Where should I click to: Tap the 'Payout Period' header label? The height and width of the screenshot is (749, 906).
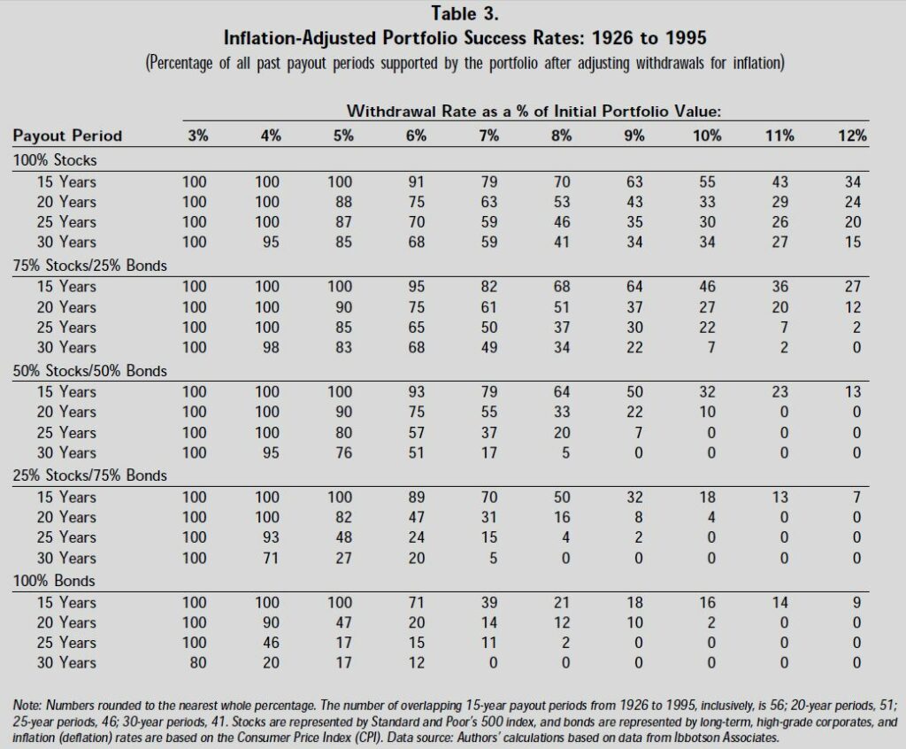coord(67,135)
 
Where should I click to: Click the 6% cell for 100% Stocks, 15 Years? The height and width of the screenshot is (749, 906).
coord(417,181)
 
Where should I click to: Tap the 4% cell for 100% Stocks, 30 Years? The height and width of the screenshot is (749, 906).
coord(271,242)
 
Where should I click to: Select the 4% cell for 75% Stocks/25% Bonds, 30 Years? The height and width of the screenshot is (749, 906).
coord(271,347)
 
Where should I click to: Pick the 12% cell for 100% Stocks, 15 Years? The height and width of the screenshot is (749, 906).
coord(852,181)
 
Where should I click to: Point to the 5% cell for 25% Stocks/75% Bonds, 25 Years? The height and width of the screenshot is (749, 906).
coord(344,537)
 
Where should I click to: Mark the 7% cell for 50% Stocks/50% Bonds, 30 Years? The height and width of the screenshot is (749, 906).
coord(489,452)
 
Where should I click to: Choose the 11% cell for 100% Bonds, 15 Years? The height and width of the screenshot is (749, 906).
coord(779,602)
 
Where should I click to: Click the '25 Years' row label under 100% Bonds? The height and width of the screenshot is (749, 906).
coord(66,643)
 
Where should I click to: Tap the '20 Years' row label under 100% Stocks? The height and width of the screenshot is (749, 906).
coord(66,202)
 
